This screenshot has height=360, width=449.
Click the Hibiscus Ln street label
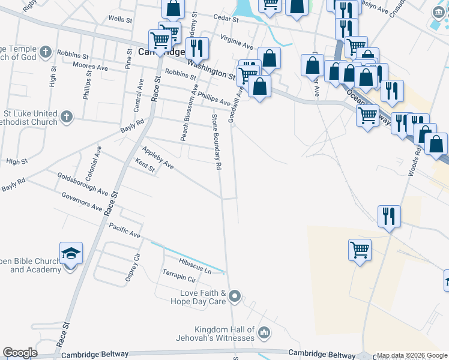pyautogui.click(x=195, y=266)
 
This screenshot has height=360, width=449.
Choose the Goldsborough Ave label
pyautogui.click(x=83, y=184)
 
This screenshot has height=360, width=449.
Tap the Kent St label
pyautogui.click(x=145, y=166)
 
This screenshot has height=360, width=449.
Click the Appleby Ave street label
pyautogui.click(x=158, y=157)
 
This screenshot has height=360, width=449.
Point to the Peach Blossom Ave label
pyautogui.click(x=189, y=112)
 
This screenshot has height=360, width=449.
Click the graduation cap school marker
pyautogui.click(x=71, y=254)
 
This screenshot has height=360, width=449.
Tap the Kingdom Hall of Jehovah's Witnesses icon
pyautogui.click(x=264, y=332)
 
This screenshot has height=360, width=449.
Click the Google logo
pyautogui.click(x=20, y=353)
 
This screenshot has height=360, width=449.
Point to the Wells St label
pyautogui.click(x=120, y=19)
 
